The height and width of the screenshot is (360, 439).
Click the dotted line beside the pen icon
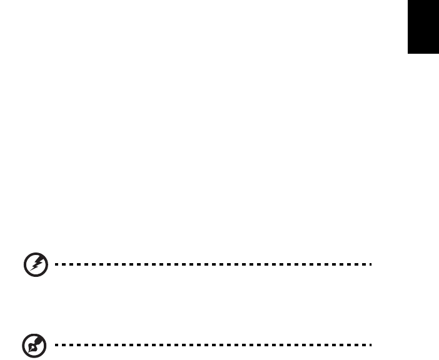tap(213, 344)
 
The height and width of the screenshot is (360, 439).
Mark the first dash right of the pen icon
tap(57, 344)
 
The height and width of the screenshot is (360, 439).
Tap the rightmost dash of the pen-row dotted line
tap(370, 344)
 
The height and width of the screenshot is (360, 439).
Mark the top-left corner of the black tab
tap(410, 1)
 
